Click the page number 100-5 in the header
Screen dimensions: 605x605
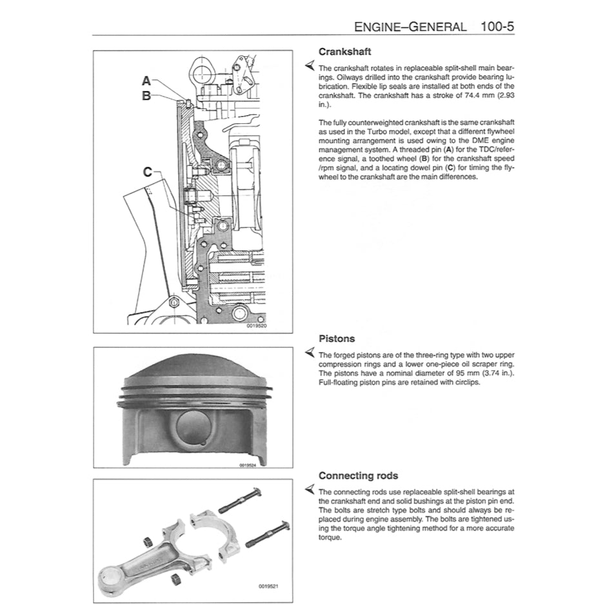497,27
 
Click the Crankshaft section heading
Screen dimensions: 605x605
345,52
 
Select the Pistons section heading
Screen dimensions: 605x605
337,339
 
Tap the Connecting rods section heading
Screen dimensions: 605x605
358,476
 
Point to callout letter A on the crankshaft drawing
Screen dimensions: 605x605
146,81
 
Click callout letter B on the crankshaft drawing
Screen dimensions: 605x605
146,95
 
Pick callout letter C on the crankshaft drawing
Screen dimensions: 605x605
148,172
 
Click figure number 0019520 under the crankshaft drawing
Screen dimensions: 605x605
256,326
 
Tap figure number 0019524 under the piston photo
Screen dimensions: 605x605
248,464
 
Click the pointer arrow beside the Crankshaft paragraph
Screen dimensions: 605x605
310,67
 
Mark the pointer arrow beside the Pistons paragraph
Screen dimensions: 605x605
310,354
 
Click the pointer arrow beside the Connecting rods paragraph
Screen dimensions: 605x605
310,491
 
